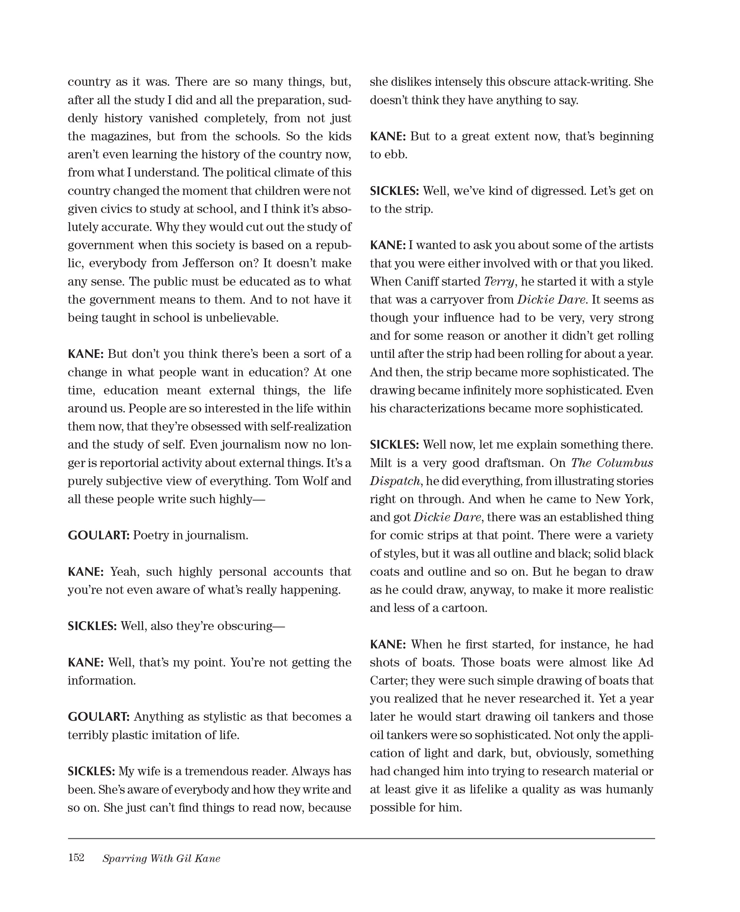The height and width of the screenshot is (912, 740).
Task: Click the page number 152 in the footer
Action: click(x=76, y=857)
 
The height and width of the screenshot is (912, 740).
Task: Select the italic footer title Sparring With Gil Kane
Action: click(x=161, y=858)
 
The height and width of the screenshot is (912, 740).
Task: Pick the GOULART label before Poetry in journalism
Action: click(x=98, y=535)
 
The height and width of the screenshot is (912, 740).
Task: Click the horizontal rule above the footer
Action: click(x=361, y=839)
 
